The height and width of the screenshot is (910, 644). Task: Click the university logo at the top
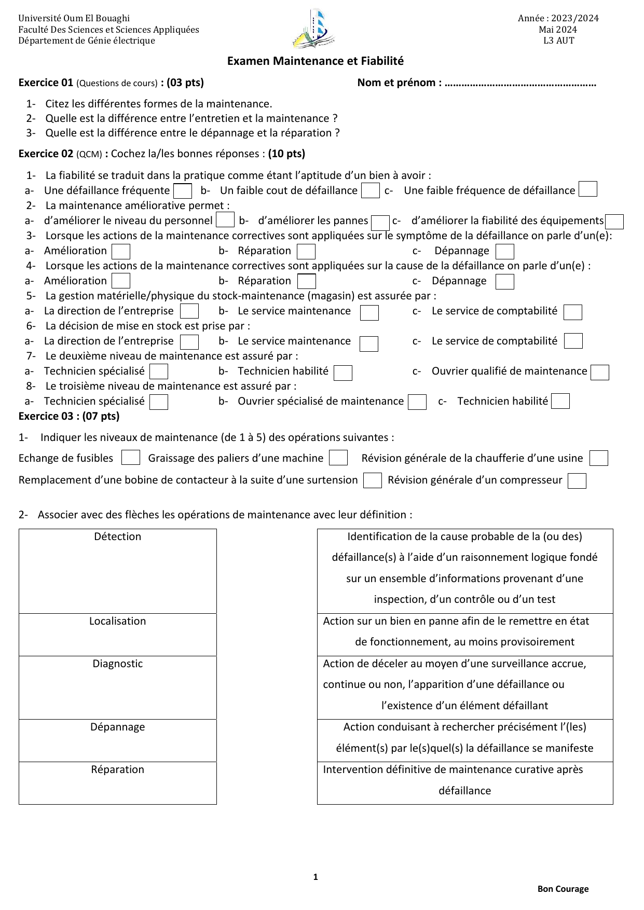pos(313,29)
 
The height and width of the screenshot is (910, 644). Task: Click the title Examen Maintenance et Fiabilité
pos(315,61)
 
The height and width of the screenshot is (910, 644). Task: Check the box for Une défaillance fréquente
pos(183,191)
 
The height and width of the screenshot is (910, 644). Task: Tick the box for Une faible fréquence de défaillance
pos(587,189)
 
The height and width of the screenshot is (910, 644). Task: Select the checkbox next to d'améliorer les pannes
pos(380,223)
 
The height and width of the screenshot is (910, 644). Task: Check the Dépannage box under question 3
pos(504,252)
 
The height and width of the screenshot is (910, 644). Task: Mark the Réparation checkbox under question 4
pos(307,282)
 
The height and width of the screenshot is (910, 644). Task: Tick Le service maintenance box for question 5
pos(369,312)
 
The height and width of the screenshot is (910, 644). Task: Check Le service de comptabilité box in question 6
pos(573,341)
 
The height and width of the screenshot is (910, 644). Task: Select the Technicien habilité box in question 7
pos(342,373)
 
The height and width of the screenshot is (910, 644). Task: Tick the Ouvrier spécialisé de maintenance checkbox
pos(417,402)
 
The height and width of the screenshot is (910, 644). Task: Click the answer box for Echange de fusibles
pos(130,458)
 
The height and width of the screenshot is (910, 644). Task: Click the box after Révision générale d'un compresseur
pos(577,481)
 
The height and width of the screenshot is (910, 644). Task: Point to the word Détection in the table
pos(117,536)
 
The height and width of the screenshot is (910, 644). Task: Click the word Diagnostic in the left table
pos(117,664)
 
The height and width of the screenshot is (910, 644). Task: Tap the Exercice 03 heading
pos(69,416)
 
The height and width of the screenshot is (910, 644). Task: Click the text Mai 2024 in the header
pos(558,30)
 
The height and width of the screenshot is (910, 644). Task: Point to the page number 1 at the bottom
pos(316,877)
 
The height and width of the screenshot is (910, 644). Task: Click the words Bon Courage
pos(563,889)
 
